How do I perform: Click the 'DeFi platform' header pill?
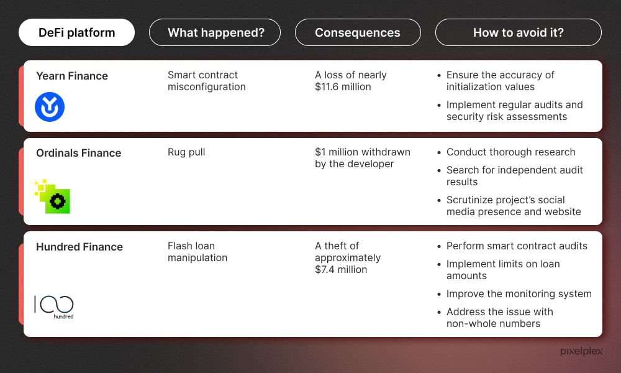pos(76,32)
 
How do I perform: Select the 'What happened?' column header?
pos(215,32)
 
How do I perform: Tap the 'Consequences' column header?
pos(358,32)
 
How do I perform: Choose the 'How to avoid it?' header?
pos(518,32)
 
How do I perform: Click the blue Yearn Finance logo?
pos(50,107)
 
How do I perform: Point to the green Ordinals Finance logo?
pos(52,196)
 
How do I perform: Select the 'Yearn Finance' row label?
pos(71,76)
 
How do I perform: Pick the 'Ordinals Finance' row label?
pos(78,153)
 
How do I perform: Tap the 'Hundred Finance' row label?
pos(79,247)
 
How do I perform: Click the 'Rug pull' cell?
pos(186,152)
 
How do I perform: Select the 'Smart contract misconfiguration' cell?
pos(206,81)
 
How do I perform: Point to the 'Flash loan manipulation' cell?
pos(197,252)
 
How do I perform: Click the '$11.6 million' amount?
pos(343,87)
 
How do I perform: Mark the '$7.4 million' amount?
pos(341,270)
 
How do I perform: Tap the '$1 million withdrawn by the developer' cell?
pos(363,158)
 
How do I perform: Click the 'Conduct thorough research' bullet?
pos(511,152)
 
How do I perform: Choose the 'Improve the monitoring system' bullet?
pos(519,293)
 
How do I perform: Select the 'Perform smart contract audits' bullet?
pos(517,246)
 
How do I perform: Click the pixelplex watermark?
pos(581,351)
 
